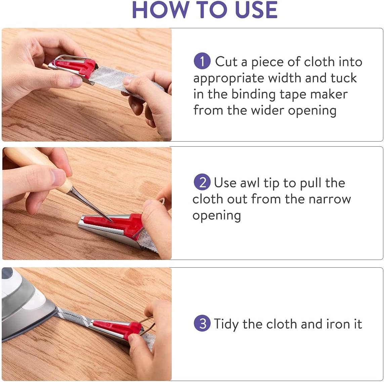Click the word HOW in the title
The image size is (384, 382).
(160, 10)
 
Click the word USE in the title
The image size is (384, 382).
(256, 10)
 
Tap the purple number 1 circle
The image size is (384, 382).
(202, 61)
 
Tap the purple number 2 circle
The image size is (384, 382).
(202, 182)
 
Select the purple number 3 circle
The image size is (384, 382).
(202, 323)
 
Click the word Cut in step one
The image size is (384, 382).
(226, 62)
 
